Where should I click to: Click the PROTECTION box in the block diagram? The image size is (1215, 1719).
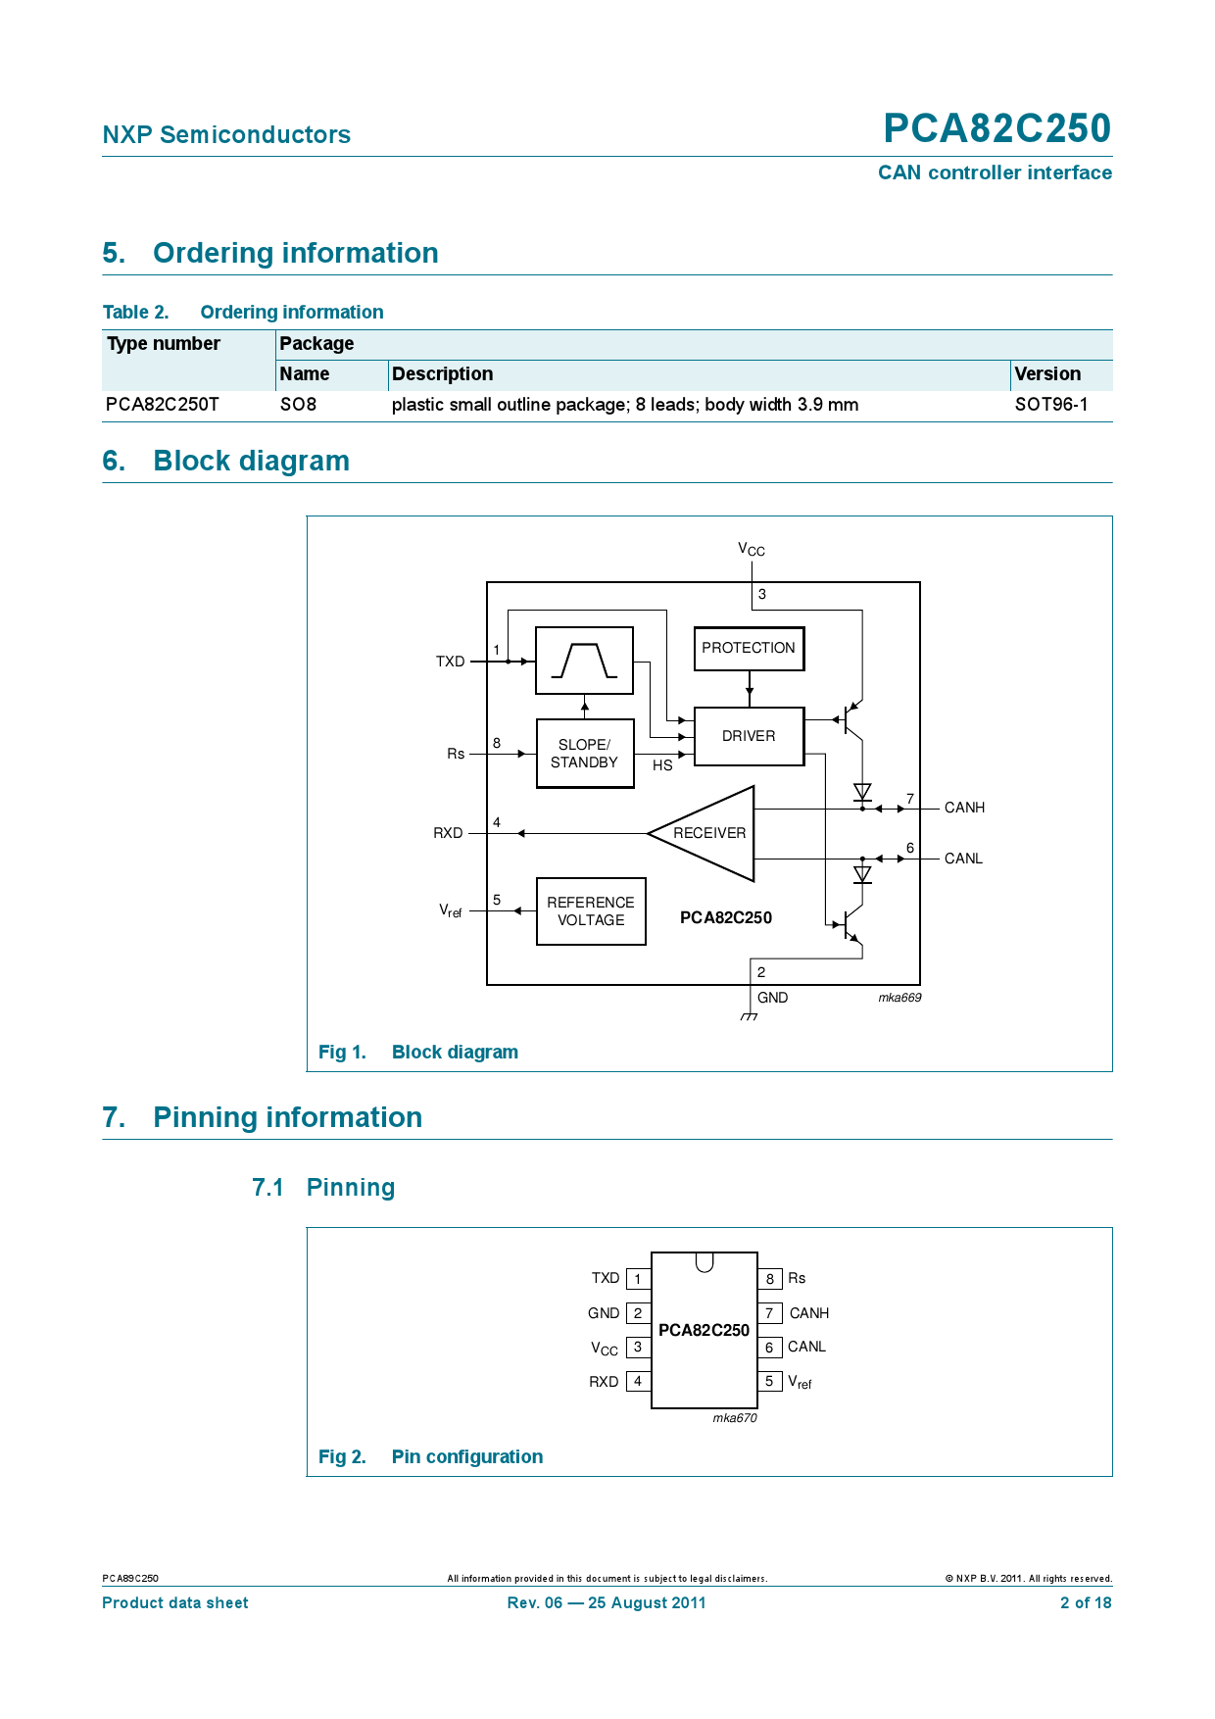tap(749, 649)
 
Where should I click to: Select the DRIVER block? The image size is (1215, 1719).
tap(749, 736)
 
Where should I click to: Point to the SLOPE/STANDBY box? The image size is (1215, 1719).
tap(585, 754)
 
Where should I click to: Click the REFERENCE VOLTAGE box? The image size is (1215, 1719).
tap(591, 911)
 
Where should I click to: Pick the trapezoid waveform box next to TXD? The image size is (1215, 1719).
tap(584, 661)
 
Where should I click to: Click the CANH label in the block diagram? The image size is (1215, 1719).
tap(964, 808)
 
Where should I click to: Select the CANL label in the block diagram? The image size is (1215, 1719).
tap(963, 859)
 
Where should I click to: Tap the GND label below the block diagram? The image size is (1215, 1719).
tap(772, 998)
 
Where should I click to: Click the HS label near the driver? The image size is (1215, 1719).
tap(662, 765)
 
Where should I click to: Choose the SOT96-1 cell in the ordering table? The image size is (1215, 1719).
tap(1051, 405)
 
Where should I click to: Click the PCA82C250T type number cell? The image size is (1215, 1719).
tap(163, 405)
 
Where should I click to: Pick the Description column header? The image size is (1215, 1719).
tap(443, 374)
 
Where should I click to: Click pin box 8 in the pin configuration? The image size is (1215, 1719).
tap(770, 1279)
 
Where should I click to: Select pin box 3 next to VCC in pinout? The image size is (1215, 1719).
tap(638, 1348)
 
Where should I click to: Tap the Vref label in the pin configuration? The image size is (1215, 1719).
tap(800, 1382)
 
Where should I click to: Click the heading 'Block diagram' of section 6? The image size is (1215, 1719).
tap(251, 461)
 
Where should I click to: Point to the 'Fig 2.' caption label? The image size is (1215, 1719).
tap(342, 1457)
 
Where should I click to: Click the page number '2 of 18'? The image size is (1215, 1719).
tap(1086, 1603)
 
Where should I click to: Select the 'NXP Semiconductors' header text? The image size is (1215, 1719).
tap(226, 135)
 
